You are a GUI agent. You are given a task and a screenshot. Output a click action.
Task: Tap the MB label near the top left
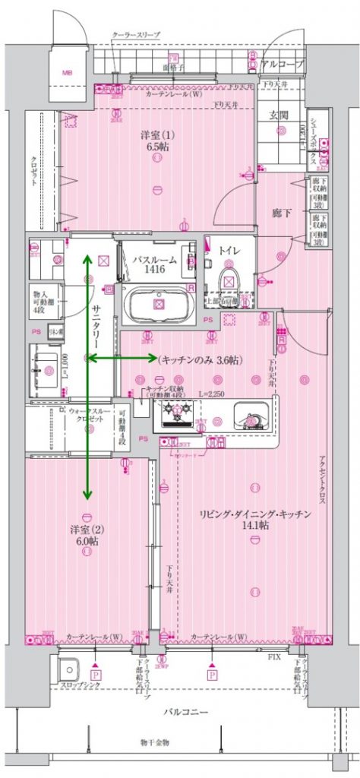[x=68, y=73]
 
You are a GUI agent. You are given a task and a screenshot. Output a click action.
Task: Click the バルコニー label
[x=185, y=712]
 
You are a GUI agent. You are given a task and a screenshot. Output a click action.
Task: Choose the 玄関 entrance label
[x=279, y=115]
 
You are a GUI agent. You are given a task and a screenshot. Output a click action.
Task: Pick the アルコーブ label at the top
[x=281, y=65]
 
